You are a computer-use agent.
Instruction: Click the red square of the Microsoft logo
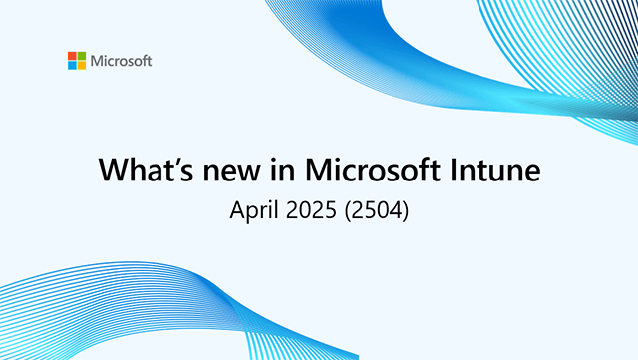73,56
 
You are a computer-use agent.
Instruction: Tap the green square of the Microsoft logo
81,56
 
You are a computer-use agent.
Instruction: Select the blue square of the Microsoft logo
73,65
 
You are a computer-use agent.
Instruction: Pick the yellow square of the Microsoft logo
81,65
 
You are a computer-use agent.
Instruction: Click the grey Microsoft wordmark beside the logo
121,61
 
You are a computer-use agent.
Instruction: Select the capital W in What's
113,171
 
